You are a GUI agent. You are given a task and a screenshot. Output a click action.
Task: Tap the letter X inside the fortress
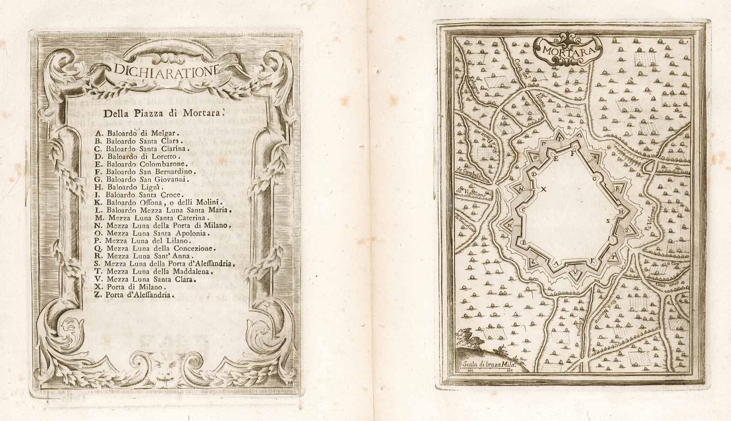click(x=544, y=188)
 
